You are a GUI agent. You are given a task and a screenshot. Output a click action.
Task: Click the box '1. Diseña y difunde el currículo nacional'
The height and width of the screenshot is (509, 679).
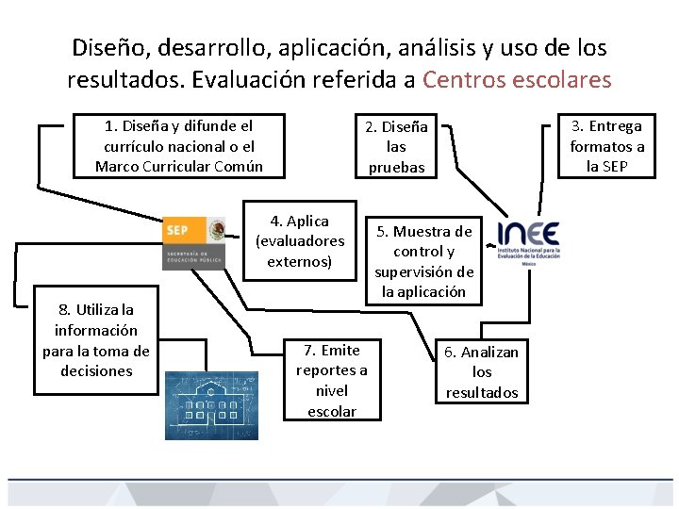pyautogui.click(x=178, y=146)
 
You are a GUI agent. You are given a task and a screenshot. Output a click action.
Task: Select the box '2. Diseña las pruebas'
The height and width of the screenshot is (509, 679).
pyautogui.click(x=396, y=146)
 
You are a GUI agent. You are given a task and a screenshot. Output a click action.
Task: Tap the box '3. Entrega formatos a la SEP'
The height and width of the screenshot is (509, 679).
pyautogui.click(x=606, y=146)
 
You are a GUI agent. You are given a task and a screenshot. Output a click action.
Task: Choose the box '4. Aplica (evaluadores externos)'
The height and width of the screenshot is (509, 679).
pyautogui.click(x=300, y=241)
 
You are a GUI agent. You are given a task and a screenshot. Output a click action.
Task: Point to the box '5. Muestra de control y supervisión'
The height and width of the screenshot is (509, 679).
pyautogui.click(x=423, y=261)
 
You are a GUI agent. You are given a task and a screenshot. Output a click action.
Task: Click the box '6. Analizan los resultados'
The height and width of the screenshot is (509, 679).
pyautogui.click(x=481, y=371)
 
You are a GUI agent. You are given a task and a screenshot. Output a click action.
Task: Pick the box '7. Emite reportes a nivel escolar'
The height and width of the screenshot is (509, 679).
pyautogui.click(x=332, y=380)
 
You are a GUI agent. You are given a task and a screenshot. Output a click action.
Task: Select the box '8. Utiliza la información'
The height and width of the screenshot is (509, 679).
pyautogui.click(x=96, y=339)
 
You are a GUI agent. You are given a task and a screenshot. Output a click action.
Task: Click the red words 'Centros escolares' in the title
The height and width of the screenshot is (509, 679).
pyautogui.click(x=517, y=79)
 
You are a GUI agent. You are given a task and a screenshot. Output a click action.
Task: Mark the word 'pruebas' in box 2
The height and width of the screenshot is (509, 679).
pyautogui.click(x=396, y=167)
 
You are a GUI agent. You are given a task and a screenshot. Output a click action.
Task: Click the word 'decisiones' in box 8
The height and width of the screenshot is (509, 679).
pyautogui.click(x=96, y=370)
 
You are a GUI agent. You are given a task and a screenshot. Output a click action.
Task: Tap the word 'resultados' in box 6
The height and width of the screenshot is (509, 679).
pyautogui.click(x=481, y=392)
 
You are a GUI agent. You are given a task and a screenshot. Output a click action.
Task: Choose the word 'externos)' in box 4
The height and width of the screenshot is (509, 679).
pyautogui.click(x=300, y=261)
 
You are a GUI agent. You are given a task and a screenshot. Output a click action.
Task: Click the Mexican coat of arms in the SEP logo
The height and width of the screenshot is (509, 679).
pyautogui.click(x=215, y=230)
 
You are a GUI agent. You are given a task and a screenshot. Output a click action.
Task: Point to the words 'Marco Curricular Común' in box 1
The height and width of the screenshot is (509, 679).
pyautogui.click(x=178, y=167)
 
